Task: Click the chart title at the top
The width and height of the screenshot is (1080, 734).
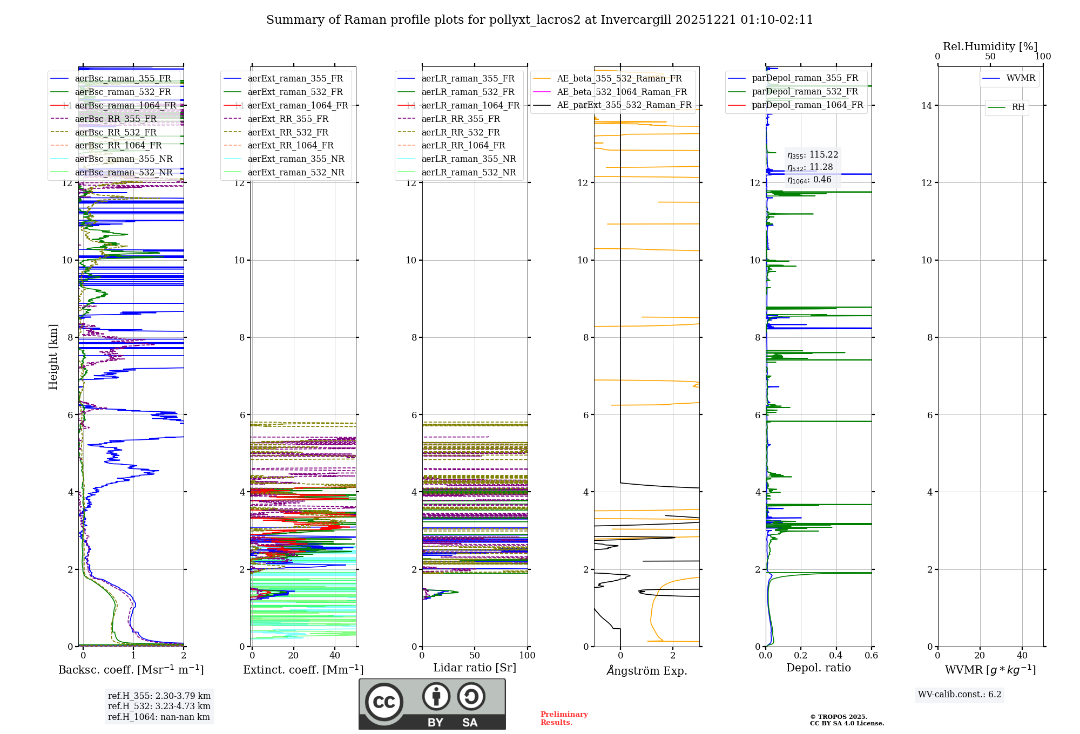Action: click(539, 20)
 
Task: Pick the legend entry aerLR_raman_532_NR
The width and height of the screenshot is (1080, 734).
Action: click(468, 173)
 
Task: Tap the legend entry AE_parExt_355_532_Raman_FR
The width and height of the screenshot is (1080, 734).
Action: click(624, 105)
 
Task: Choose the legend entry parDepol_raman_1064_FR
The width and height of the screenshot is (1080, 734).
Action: click(807, 105)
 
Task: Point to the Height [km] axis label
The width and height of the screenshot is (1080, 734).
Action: click(53, 357)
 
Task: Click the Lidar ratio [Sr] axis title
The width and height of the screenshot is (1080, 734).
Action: click(475, 668)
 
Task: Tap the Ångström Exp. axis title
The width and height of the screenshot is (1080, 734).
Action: click(647, 671)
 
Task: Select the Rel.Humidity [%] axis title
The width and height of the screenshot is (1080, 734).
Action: click(990, 46)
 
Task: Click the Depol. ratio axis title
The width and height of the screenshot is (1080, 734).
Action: click(818, 668)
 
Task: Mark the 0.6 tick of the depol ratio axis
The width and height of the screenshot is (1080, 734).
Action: click(871, 656)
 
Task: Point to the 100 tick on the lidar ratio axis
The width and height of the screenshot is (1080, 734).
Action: click(527, 656)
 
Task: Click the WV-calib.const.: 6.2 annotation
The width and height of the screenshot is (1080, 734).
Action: click(960, 695)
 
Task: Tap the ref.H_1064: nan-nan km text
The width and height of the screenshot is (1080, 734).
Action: click(159, 717)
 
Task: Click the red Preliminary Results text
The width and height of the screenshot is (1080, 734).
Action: click(564, 718)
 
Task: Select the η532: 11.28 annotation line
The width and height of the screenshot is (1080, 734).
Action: click(810, 167)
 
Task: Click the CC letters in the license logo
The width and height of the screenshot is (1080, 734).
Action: click(384, 702)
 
